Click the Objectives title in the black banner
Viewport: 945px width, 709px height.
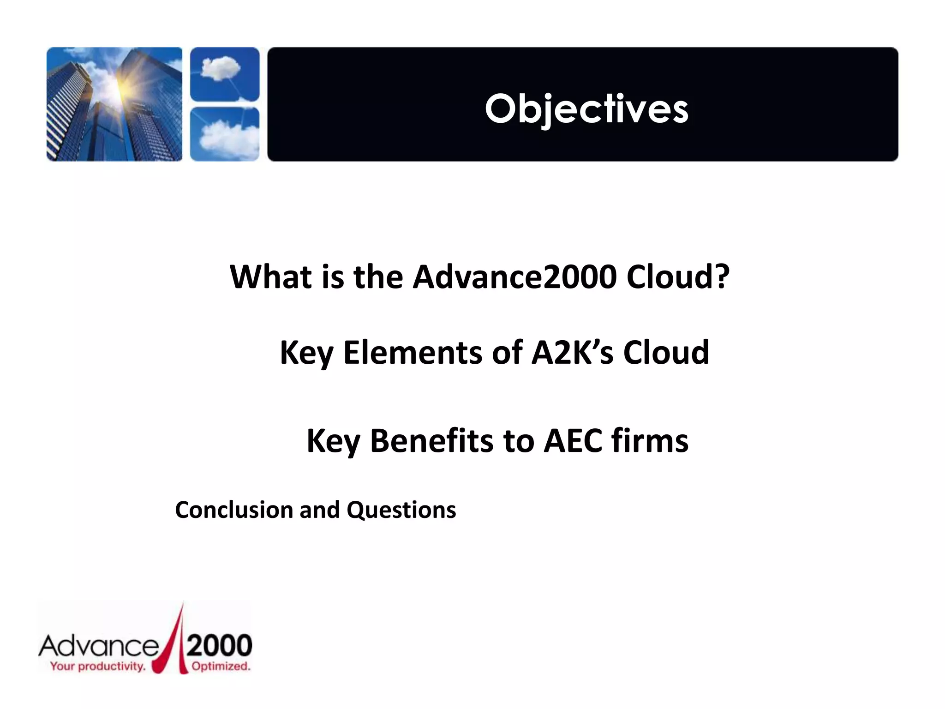tap(586, 109)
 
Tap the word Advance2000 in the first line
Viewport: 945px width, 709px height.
tap(514, 277)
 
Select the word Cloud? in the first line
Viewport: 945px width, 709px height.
tap(678, 277)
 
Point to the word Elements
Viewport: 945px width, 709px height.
tap(413, 353)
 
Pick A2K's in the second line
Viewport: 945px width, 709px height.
tap(572, 353)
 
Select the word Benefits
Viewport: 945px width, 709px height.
tap(431, 441)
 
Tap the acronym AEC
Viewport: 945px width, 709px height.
tap(573, 441)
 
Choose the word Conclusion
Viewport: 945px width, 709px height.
tap(234, 510)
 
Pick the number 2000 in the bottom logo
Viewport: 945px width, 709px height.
tap(220, 645)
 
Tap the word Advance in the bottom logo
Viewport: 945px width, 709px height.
tap(99, 646)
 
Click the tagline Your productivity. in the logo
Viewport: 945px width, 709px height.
tap(97, 666)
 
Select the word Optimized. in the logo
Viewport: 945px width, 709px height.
tap(221, 666)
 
